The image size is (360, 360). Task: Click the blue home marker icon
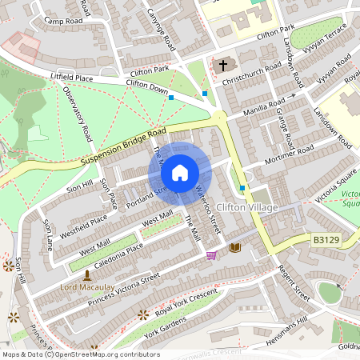click(x=180, y=173)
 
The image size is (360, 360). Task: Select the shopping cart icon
click(x=211, y=256)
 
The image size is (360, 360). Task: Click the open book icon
click(x=234, y=248)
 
